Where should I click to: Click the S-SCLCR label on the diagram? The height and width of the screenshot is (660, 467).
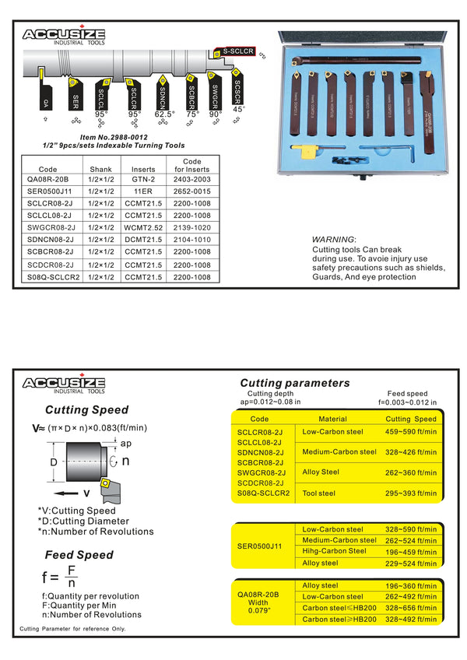[x=237, y=51]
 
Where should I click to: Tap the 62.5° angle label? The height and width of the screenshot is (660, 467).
[x=164, y=114]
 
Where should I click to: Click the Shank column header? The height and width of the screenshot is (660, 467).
[x=101, y=167]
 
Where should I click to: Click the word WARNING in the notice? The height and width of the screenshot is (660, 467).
[x=333, y=239]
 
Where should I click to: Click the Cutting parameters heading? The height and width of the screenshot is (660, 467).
[x=295, y=383]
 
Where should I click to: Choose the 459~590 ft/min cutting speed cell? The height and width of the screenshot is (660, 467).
[x=411, y=431]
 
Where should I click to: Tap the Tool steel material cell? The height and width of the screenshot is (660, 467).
[x=318, y=492]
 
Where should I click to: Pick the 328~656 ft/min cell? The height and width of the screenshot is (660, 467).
[x=411, y=608]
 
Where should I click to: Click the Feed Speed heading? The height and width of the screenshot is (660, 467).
[x=78, y=555]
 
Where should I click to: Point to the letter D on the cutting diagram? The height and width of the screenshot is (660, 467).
[x=53, y=462]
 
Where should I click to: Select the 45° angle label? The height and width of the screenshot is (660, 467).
[x=239, y=110]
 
